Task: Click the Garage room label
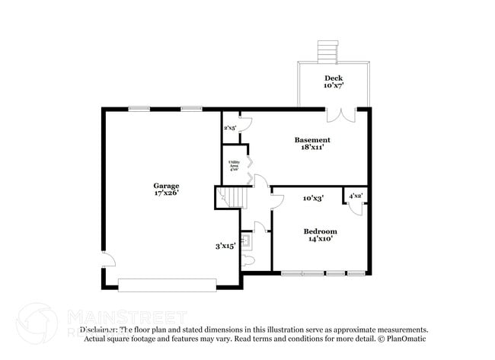(166, 186)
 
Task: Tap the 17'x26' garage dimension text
(166, 193)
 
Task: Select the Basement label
(312, 140)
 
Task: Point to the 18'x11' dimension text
(312, 148)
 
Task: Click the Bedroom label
(320, 231)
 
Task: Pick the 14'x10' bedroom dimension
(320, 239)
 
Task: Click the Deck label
(334, 78)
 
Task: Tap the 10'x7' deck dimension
(334, 85)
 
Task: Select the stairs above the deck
(327, 53)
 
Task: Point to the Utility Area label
(235, 165)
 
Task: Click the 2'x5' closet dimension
(229, 128)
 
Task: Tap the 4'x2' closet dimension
(355, 196)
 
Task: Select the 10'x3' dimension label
(313, 198)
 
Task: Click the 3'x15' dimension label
(225, 246)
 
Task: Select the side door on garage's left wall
(108, 260)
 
